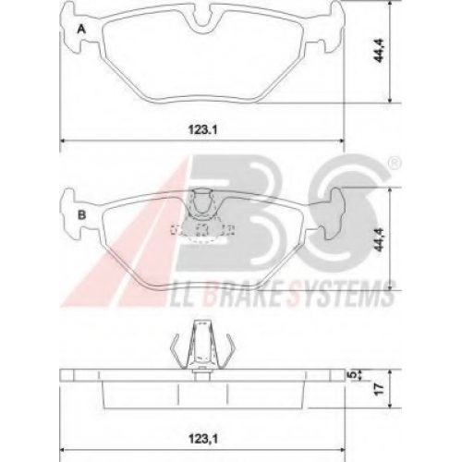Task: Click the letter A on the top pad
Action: click(x=81, y=30)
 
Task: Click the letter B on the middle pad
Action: click(x=81, y=214)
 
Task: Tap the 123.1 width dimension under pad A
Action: click(x=203, y=129)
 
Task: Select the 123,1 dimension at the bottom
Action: click(x=203, y=439)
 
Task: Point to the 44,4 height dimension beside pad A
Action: click(x=379, y=51)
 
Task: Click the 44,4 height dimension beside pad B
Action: click(x=379, y=239)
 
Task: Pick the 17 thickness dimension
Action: click(x=380, y=389)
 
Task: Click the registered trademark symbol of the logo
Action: click(x=395, y=164)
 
